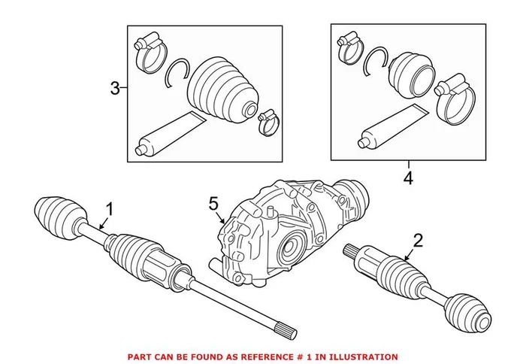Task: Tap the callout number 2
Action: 418,241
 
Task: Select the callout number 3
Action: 115,89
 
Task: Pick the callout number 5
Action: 213,202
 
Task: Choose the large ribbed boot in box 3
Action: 222,87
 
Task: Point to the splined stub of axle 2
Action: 353,251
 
